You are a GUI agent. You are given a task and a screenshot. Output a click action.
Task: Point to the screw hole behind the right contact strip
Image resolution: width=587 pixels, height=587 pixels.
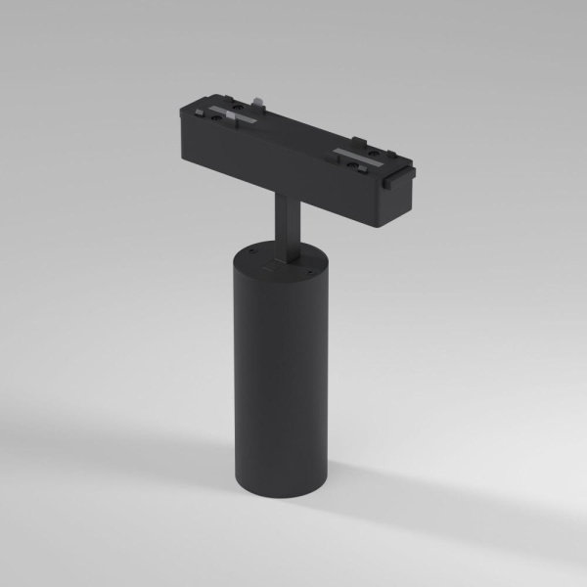pos(377,145)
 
